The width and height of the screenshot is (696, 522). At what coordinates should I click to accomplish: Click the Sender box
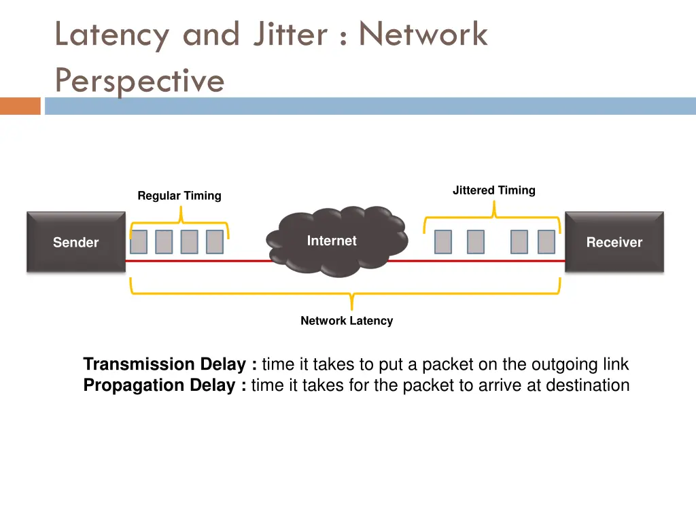[76, 242]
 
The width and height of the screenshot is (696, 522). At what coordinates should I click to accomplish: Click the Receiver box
[614, 242]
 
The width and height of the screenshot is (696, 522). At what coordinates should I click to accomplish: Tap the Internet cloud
[337, 241]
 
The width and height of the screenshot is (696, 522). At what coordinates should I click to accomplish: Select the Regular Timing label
[179, 196]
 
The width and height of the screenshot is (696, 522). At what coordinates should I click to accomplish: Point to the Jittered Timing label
[494, 190]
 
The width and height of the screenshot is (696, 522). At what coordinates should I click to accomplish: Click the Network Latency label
[347, 321]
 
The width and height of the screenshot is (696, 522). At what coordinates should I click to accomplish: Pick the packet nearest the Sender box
[139, 242]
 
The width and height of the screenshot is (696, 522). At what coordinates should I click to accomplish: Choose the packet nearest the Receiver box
[546, 242]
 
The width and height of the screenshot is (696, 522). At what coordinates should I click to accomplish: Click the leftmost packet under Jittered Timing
[443, 242]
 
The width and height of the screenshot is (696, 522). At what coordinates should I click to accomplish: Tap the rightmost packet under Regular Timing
[215, 242]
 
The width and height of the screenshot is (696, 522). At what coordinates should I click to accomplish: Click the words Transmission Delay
[164, 364]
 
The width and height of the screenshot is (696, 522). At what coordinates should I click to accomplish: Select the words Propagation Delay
[159, 385]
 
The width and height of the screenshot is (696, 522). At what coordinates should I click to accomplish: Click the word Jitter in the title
[290, 34]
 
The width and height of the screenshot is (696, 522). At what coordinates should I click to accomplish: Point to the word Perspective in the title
[139, 80]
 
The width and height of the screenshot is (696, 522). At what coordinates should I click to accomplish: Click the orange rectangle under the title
[20, 106]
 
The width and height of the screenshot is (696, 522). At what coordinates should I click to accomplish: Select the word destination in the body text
[588, 385]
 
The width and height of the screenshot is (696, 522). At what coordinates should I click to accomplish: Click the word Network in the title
[423, 34]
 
